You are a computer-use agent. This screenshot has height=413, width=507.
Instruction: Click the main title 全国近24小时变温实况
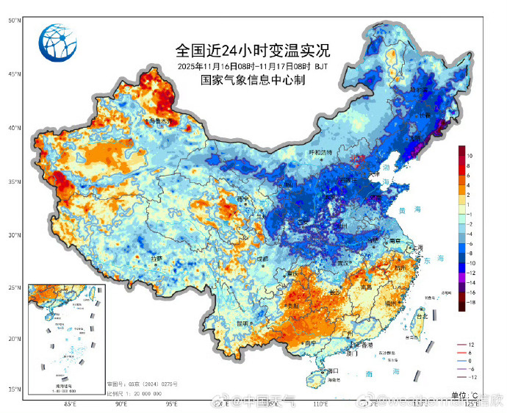pyautogui.click(x=253, y=51)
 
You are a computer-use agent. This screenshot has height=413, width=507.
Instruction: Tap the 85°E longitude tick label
pyautogui.click(x=71, y=403)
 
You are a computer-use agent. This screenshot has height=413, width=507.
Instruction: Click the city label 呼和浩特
pyautogui.click(x=320, y=152)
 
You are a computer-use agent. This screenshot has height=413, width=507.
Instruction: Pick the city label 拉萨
pyautogui.click(x=157, y=259)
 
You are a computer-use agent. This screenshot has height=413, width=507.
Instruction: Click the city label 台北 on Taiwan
pyautogui.click(x=422, y=316)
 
